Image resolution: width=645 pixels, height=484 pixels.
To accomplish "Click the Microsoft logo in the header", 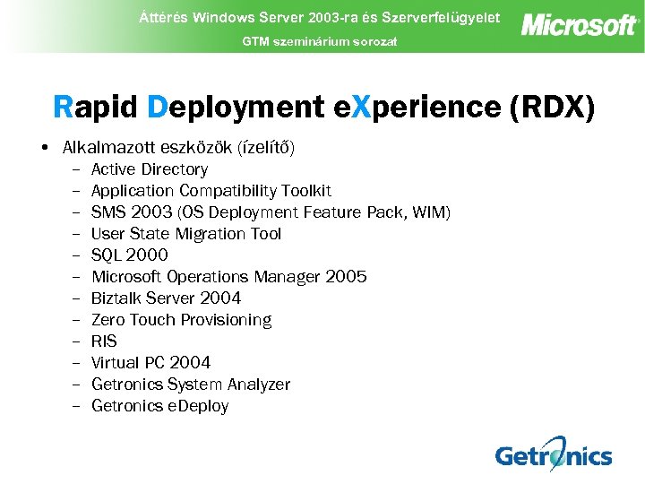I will click(x=580, y=24).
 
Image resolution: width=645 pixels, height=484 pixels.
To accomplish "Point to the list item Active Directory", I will click(x=150, y=169).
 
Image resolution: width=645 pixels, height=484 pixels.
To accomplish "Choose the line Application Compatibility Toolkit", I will click(x=211, y=191).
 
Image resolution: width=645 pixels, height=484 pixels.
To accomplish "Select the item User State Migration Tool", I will click(x=186, y=234).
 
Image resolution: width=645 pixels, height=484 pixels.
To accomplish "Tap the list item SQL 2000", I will click(x=130, y=255).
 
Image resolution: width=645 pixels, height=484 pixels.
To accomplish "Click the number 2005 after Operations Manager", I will click(x=347, y=277).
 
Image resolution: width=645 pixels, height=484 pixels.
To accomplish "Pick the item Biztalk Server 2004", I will click(x=166, y=298).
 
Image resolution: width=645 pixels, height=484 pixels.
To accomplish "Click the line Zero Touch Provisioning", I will click(x=181, y=320).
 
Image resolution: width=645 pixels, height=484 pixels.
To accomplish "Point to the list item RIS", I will click(x=104, y=341).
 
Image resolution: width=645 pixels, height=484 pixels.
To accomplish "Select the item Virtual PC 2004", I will click(x=150, y=363).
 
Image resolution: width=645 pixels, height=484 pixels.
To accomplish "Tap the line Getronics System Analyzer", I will click(x=191, y=385).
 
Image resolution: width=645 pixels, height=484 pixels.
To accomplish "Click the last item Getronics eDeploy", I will click(x=159, y=406).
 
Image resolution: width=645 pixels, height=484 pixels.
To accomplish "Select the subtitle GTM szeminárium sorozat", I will click(x=320, y=41).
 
